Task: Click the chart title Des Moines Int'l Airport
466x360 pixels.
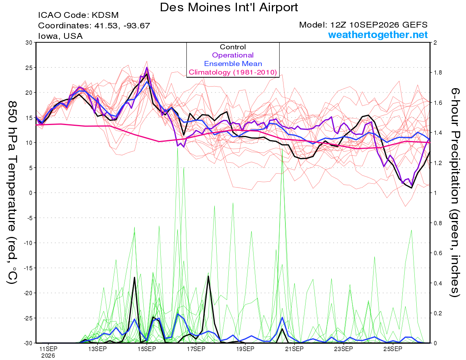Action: pos(229,7)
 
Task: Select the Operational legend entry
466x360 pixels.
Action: pos(233,55)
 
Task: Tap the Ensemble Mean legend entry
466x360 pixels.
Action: pos(233,64)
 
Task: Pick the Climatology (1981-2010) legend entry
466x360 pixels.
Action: pos(233,72)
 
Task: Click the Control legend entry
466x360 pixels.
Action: pos(233,47)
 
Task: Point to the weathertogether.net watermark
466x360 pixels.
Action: pos(378,35)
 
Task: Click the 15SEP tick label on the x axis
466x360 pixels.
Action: pos(147,349)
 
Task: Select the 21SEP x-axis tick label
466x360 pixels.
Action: pos(294,349)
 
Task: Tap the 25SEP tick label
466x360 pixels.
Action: pos(393,349)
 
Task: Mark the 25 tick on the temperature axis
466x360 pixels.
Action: pos(29,68)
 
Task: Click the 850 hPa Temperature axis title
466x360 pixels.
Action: pos(12,193)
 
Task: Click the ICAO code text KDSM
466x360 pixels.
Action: pos(105,15)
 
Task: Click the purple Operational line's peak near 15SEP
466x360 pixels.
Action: pos(147,68)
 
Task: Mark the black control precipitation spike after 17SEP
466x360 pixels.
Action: pos(208,276)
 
